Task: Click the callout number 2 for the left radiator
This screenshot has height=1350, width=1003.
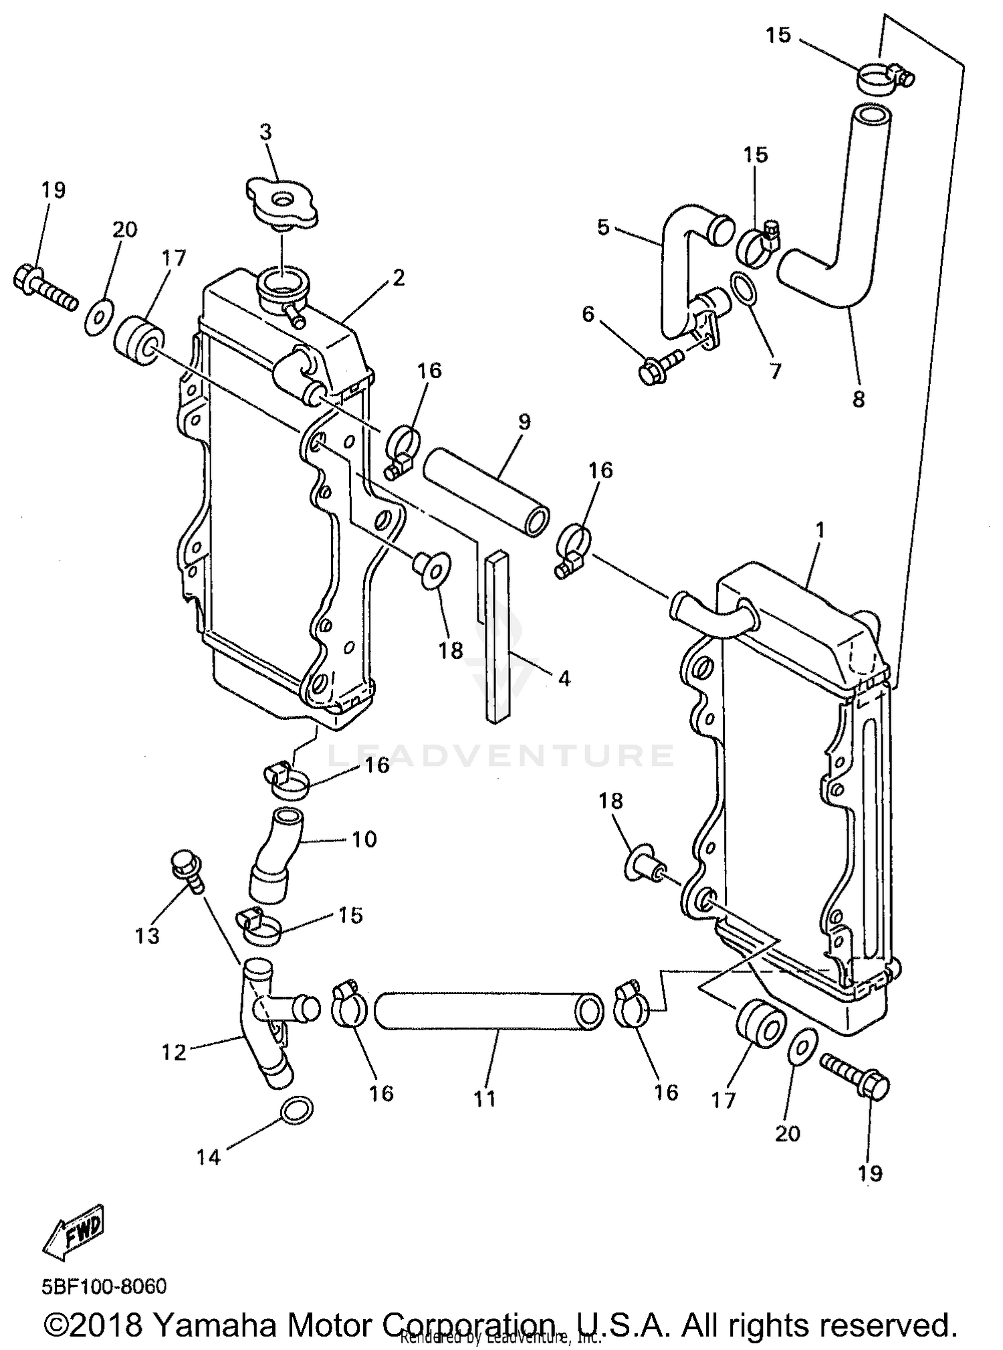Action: click(399, 278)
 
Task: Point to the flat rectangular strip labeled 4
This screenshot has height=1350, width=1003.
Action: click(498, 636)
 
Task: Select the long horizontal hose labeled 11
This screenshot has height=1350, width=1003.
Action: click(488, 1010)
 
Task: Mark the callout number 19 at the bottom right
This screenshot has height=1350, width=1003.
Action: click(870, 1173)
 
